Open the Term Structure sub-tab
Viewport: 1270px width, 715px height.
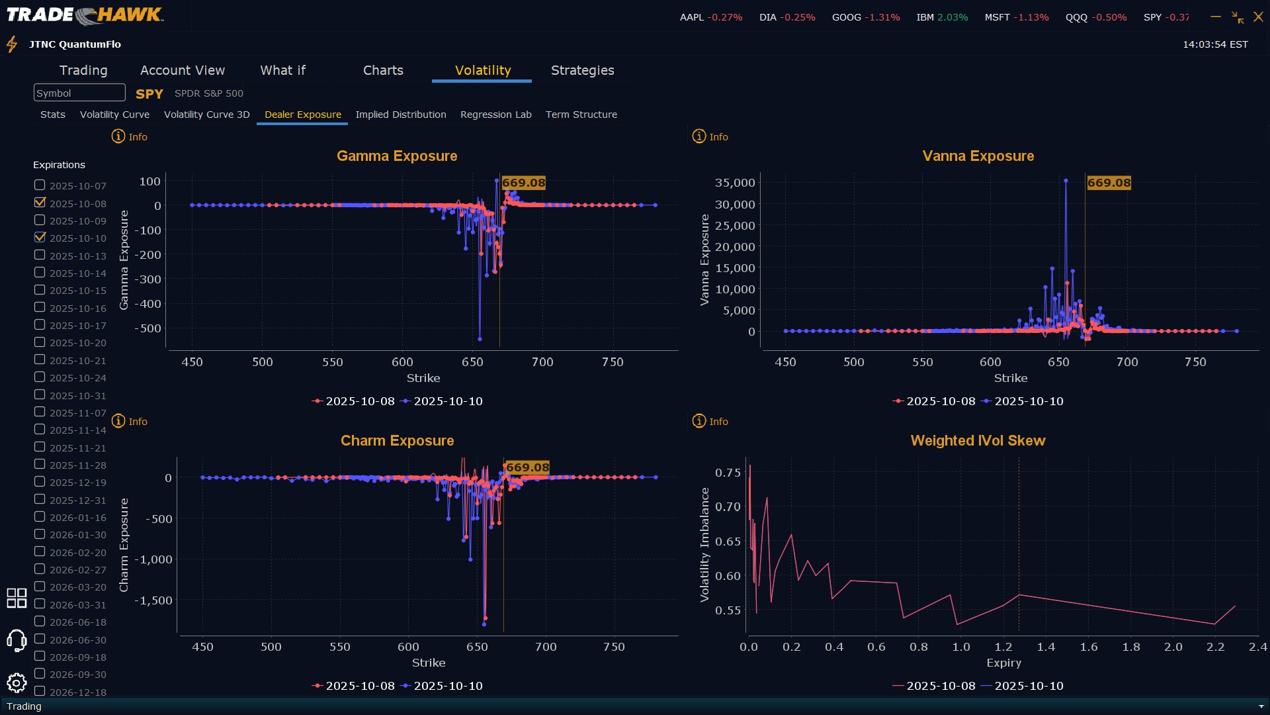581,115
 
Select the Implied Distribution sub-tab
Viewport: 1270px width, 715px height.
400,115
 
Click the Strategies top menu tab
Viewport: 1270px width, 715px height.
582,70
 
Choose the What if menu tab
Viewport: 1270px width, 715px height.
282,70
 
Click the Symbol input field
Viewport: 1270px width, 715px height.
79,93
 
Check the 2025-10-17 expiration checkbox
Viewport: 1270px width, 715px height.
40,325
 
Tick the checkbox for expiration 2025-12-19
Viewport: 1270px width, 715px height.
40,482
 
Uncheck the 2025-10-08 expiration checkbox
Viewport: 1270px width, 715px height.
40,203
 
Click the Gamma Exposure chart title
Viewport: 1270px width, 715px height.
397,156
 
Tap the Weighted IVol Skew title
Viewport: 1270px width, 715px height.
978,441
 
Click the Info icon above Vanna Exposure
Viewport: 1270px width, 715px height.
699,136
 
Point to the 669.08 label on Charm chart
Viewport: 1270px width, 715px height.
527,467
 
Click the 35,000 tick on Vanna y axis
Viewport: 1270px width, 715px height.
734,183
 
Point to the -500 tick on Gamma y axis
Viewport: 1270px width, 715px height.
148,328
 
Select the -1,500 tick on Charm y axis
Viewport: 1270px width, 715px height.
153,600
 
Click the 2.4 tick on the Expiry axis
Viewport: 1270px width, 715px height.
1257,647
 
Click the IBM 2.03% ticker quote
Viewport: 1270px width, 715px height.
942,17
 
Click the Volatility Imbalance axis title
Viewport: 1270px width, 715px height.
704,544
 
